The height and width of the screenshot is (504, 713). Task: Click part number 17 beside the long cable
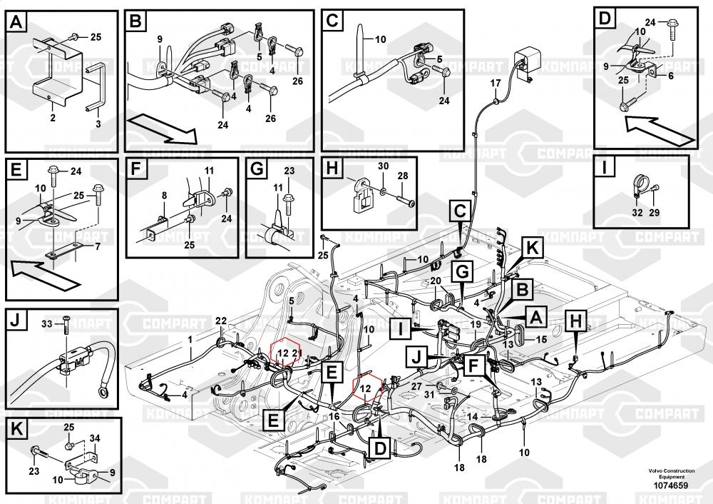[496, 84]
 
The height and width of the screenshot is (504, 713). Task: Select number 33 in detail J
[48, 325]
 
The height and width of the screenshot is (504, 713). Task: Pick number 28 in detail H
[403, 176]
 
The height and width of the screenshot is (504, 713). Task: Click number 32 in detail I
[637, 213]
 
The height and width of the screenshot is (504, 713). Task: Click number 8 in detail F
[163, 195]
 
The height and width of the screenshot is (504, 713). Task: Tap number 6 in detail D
[670, 75]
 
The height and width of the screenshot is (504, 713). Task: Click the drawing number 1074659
[668, 486]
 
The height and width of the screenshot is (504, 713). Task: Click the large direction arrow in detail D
[660, 128]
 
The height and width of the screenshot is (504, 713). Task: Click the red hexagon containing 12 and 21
[287, 353]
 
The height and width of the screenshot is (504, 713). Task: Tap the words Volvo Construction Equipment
[668, 474]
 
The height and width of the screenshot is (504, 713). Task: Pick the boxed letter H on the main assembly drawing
[575, 322]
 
